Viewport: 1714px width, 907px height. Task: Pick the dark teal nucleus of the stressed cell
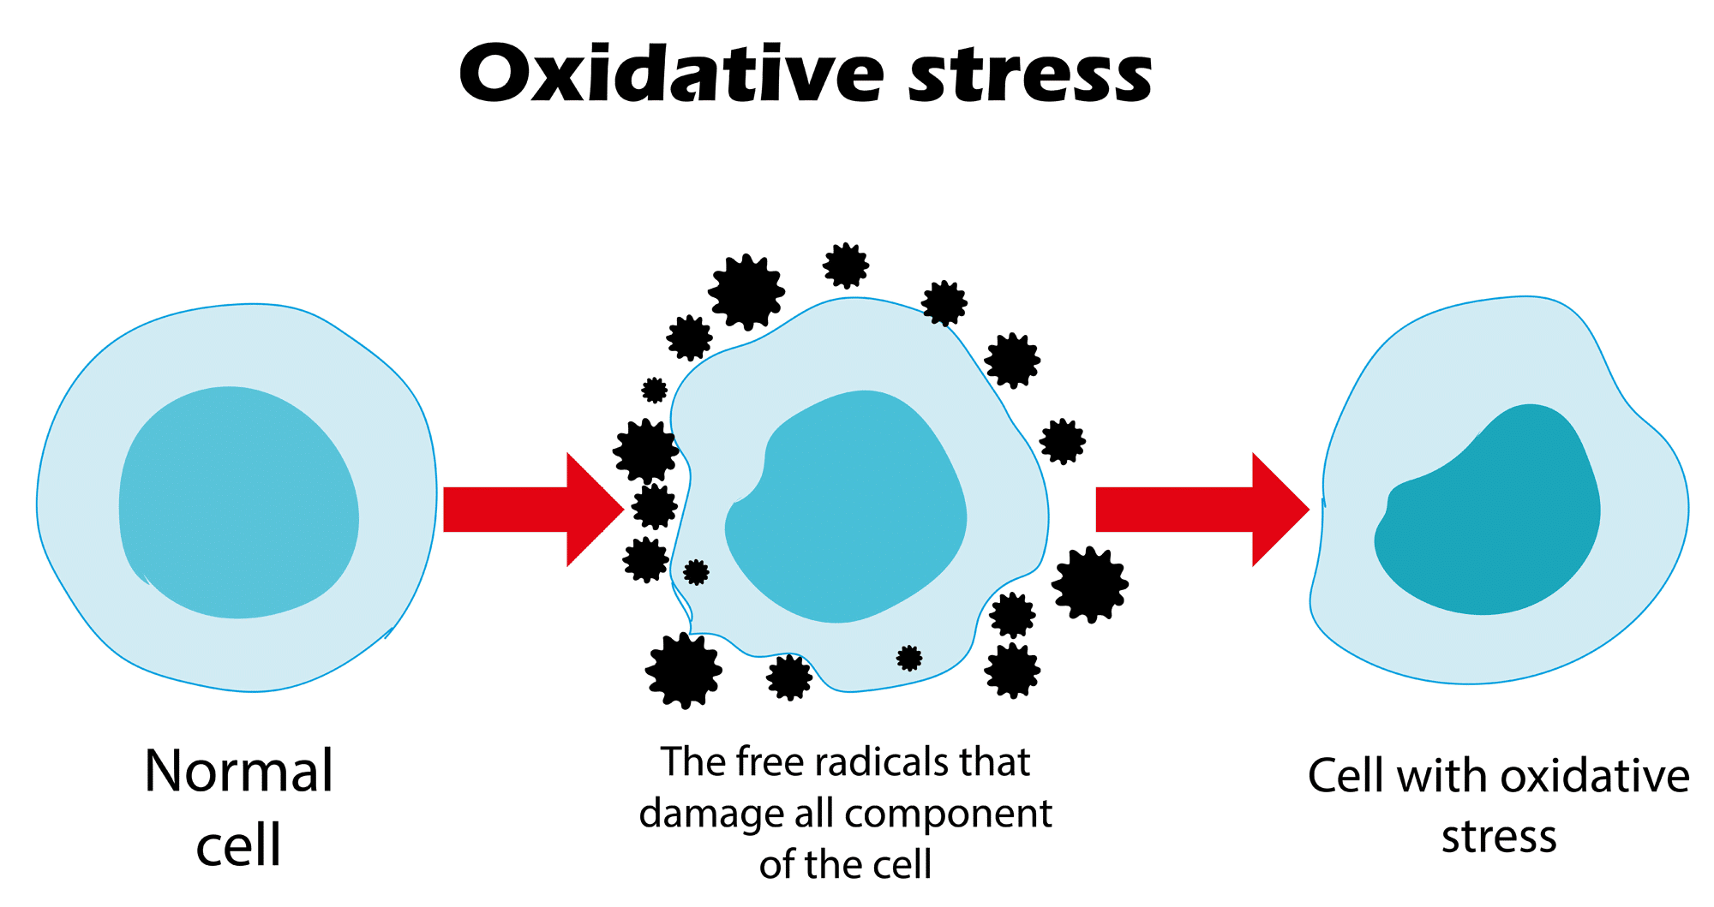tap(1491, 514)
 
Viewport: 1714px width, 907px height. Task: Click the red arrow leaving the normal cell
tap(531, 510)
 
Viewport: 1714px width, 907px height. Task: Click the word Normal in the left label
tap(238, 771)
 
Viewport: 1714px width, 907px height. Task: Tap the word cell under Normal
tap(238, 845)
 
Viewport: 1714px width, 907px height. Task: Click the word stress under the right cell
tap(1498, 837)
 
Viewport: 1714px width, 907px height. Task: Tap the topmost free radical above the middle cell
tap(846, 266)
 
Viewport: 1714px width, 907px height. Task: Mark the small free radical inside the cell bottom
tap(909, 658)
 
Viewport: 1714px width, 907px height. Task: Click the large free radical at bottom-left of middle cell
tap(683, 671)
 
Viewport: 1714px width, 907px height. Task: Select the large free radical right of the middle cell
tap(1089, 584)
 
